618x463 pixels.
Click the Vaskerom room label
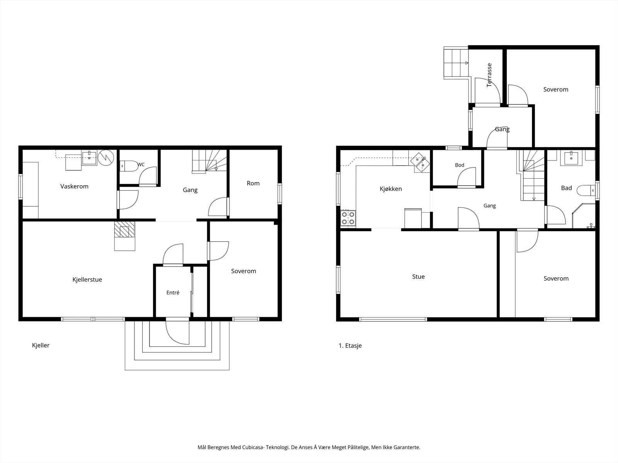click(x=74, y=186)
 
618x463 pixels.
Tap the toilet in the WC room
click(x=129, y=166)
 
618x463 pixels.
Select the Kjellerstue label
click(x=87, y=280)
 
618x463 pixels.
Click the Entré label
click(x=173, y=292)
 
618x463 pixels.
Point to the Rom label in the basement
click(x=253, y=183)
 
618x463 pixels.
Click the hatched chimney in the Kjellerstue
click(x=124, y=230)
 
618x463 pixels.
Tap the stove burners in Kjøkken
click(x=348, y=218)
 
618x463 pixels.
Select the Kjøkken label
click(x=391, y=189)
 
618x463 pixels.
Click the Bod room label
click(x=460, y=165)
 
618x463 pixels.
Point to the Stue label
click(x=418, y=277)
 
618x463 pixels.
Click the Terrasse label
click(x=489, y=75)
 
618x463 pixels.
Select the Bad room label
click(x=567, y=188)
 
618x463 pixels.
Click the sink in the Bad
click(x=571, y=158)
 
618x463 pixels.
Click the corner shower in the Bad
click(x=584, y=216)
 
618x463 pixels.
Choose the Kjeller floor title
click(x=41, y=345)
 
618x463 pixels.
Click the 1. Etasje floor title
click(x=350, y=345)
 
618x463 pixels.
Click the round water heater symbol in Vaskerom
click(x=106, y=158)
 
